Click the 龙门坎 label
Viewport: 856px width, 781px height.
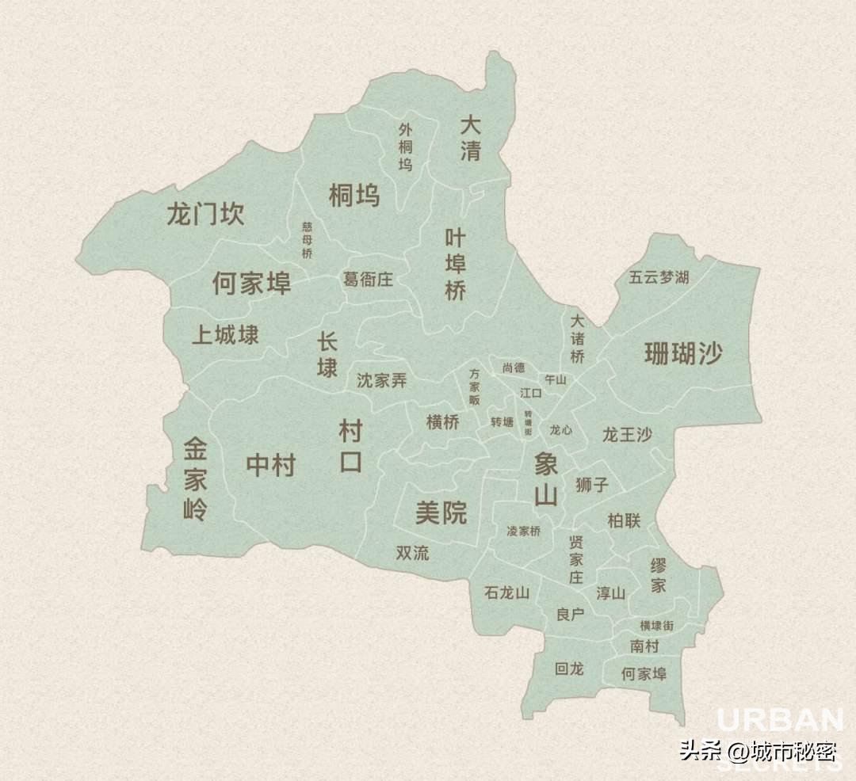point(205,214)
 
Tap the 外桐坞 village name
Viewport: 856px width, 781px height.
point(406,147)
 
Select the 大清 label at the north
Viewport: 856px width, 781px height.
point(471,138)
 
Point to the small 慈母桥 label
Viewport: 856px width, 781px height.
point(308,240)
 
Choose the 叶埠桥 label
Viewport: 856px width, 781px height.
point(455,264)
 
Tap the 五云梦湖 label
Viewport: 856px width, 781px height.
point(659,277)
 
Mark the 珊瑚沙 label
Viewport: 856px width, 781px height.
point(683,353)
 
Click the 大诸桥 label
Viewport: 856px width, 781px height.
point(577,339)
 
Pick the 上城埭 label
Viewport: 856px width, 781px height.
point(225,335)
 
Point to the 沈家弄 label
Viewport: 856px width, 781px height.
point(381,380)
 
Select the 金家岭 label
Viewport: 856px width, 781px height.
point(195,480)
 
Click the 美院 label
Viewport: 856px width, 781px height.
point(441,513)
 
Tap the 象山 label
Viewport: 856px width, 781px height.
point(546,479)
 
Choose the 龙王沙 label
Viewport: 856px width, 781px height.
point(627,434)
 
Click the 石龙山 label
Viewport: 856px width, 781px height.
point(506,592)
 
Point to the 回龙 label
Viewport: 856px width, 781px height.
point(569,669)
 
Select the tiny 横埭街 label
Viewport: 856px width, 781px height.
point(657,625)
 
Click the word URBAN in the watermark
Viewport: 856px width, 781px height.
point(780,721)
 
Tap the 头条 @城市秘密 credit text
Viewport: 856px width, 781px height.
point(758,749)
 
